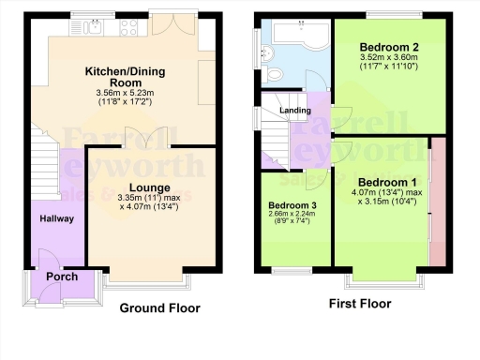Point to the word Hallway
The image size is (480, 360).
pos(55,218)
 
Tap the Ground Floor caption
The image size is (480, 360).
pos(159,308)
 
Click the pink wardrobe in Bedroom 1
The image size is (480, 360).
pos(436,201)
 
